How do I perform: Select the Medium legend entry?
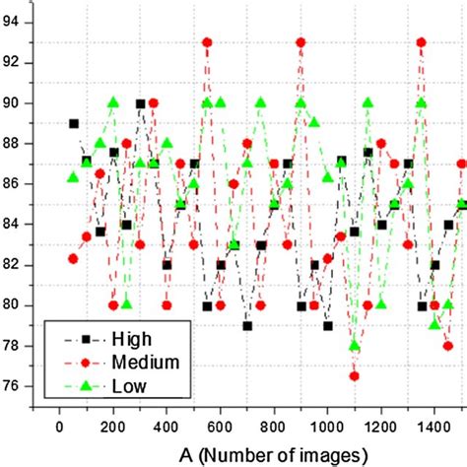[x=124, y=362]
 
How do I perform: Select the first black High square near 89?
[x=74, y=123]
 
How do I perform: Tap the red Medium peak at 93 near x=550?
[x=207, y=42]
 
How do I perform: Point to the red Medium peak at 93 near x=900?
[x=300, y=42]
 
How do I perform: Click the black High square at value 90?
[x=140, y=103]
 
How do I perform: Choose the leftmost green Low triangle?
[x=73, y=177]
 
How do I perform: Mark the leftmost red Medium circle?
[x=73, y=258]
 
